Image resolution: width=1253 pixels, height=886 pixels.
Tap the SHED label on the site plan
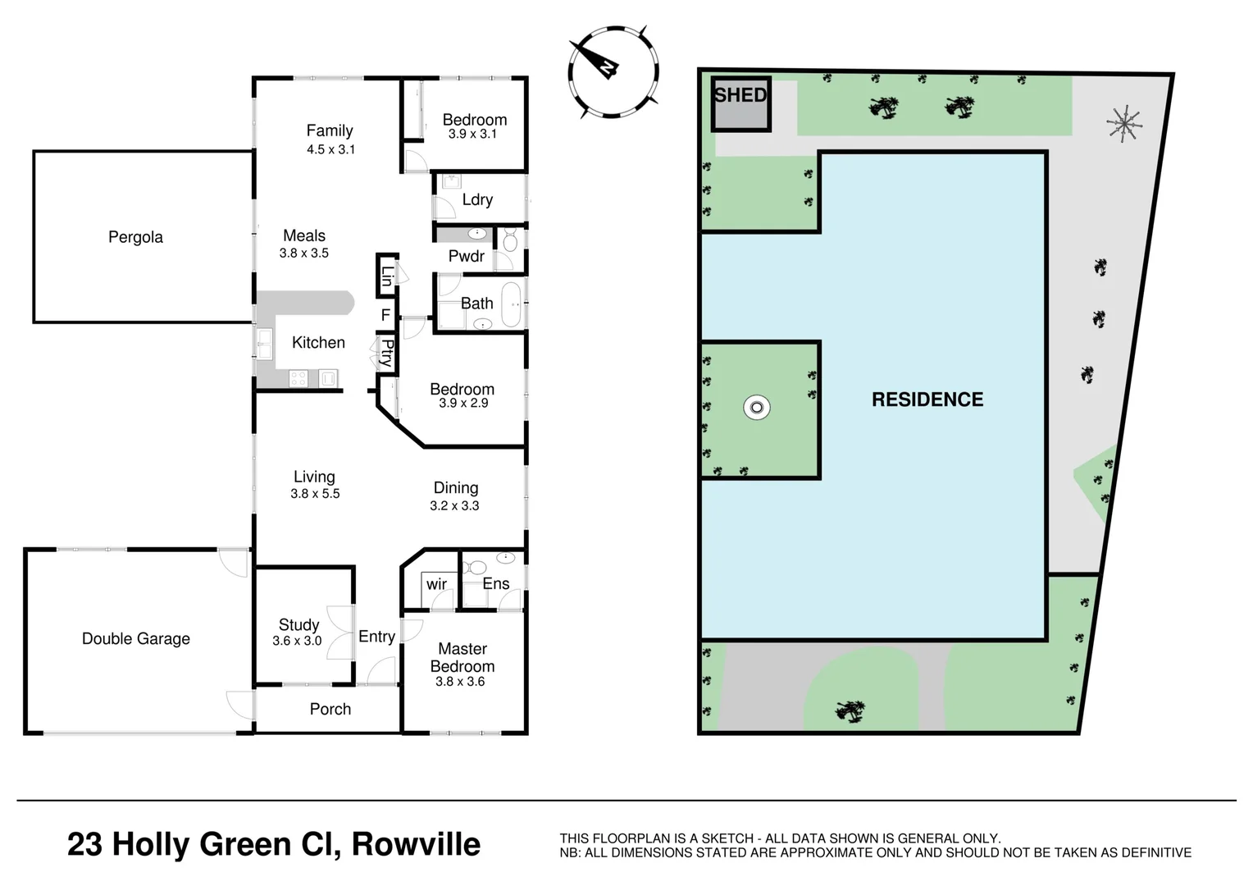740,95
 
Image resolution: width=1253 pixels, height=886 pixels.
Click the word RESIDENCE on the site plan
927,400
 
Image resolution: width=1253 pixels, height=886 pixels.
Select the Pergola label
135,237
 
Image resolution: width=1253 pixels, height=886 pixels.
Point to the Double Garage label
135,638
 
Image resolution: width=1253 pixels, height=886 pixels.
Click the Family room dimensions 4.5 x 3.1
330,149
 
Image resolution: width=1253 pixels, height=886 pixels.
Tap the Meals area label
304,235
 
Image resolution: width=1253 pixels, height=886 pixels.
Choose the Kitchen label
318,342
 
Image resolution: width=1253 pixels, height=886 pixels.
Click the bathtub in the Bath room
511,304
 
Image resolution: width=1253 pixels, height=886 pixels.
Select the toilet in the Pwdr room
510,240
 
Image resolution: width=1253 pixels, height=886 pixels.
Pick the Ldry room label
477,199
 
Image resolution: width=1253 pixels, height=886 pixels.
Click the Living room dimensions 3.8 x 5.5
315,494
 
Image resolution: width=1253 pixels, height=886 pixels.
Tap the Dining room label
455,487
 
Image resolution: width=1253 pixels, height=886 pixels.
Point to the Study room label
298,624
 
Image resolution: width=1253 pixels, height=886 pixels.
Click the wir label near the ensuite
436,584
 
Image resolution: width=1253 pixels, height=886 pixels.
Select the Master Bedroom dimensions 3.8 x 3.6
460,682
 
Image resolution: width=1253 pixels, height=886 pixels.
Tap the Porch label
330,709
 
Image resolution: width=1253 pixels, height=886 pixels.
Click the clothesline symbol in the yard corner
1124,124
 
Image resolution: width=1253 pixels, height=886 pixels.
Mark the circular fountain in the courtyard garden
756,407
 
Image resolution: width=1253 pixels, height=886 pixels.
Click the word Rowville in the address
416,844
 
